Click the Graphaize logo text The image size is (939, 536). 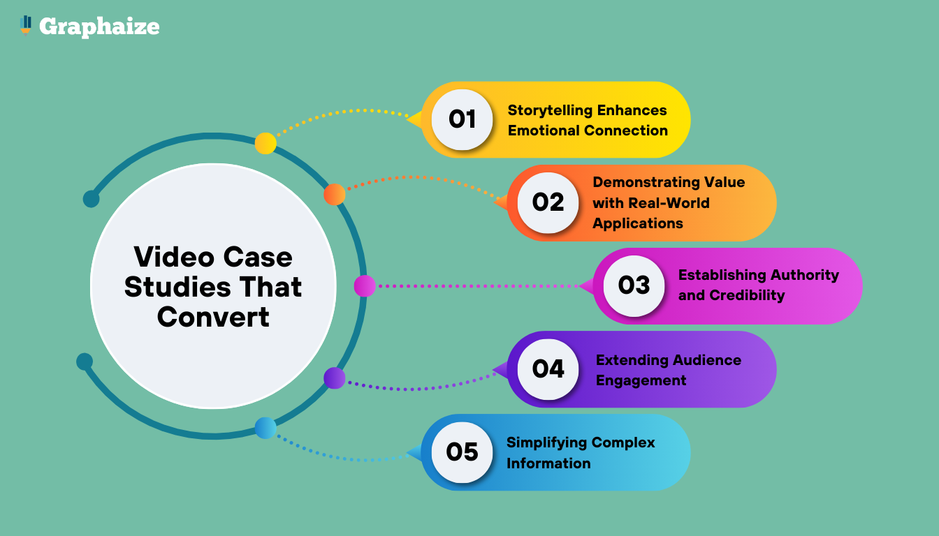(99, 27)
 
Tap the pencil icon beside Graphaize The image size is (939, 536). (26, 25)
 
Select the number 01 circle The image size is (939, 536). (462, 119)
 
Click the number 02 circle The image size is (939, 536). (548, 202)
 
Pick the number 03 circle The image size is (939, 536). (634, 285)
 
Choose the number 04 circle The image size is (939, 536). (548, 368)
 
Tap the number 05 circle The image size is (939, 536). (462, 452)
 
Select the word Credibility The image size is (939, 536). (747, 295)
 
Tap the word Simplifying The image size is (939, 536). (546, 442)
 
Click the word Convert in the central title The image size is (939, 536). (213, 318)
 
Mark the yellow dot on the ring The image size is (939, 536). (265, 143)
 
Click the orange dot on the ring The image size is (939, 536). (335, 195)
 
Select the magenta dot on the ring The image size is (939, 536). (365, 285)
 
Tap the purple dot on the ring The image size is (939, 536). (335, 378)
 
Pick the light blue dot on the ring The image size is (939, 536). (265, 428)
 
